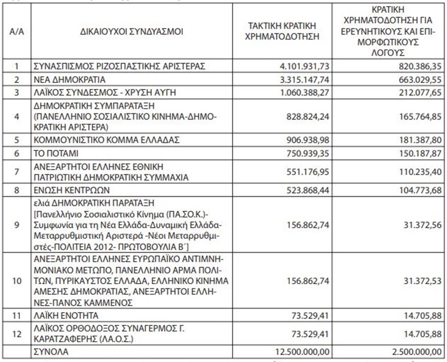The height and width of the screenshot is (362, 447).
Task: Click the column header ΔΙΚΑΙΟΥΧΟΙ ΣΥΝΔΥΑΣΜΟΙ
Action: click(131, 32)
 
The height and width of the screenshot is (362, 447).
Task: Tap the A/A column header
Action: click(17, 32)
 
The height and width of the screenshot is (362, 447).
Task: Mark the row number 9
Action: click(17, 225)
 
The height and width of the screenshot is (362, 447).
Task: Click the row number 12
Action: click(17, 333)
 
